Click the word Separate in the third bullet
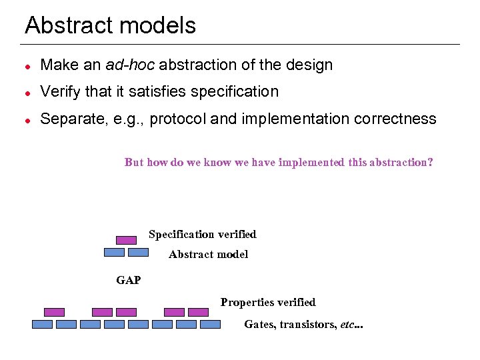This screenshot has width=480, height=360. [x=72, y=119]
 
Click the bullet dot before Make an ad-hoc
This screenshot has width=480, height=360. [x=27, y=66]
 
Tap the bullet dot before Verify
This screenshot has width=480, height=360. [x=27, y=93]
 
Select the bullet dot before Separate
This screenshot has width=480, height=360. [x=27, y=120]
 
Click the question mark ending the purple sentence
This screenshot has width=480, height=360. [x=430, y=162]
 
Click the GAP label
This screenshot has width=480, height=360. [x=129, y=280]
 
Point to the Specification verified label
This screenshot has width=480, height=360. [x=202, y=234]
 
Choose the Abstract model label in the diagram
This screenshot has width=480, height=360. [x=208, y=254]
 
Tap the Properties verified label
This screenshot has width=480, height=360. [x=268, y=302]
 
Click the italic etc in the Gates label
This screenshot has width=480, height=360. [x=347, y=324]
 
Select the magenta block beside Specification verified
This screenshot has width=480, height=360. [x=126, y=240]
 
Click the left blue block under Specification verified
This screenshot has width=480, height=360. [x=114, y=253]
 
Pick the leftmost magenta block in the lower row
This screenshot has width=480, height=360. [x=54, y=312]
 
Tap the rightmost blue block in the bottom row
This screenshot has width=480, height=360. [x=210, y=325]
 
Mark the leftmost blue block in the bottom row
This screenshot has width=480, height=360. [x=42, y=325]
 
